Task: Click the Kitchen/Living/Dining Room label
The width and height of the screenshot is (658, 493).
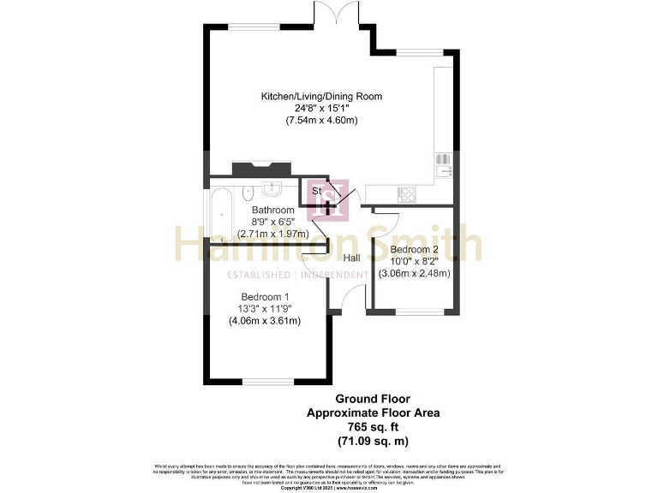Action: pyautogui.click(x=321, y=96)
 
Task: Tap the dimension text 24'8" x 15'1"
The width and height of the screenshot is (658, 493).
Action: pyautogui.click(x=321, y=109)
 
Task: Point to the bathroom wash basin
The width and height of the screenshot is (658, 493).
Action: pyautogui.click(x=275, y=187)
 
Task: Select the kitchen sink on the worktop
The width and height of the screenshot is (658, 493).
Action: pyautogui.click(x=444, y=164)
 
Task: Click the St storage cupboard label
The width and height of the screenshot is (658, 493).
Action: pyautogui.click(x=316, y=190)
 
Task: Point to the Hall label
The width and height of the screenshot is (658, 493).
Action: pyautogui.click(x=351, y=258)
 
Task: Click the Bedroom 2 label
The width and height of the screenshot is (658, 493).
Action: pyautogui.click(x=415, y=250)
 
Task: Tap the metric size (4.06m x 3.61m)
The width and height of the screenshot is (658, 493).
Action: pyautogui.click(x=264, y=321)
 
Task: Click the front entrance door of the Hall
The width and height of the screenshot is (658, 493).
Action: pyautogui.click(x=347, y=300)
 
